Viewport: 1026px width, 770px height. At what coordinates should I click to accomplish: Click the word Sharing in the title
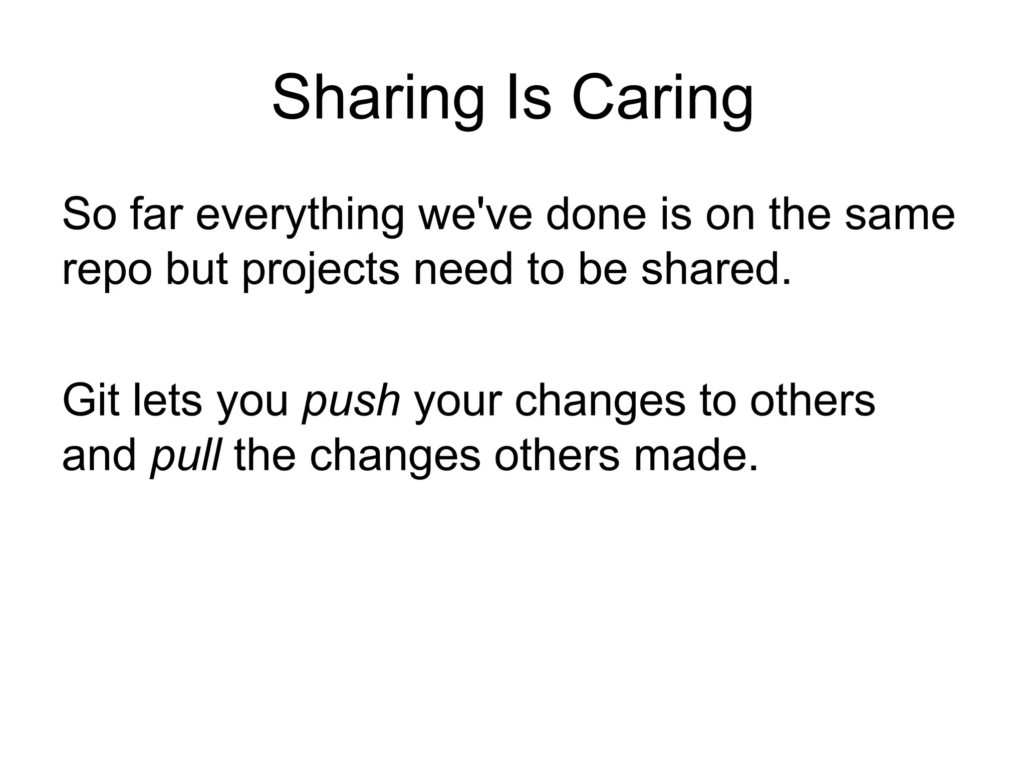click(x=378, y=98)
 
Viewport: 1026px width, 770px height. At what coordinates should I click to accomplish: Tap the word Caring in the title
click(x=662, y=98)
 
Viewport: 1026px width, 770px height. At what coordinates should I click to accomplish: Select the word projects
click(x=321, y=271)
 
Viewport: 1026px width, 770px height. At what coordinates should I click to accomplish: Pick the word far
click(x=154, y=215)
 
